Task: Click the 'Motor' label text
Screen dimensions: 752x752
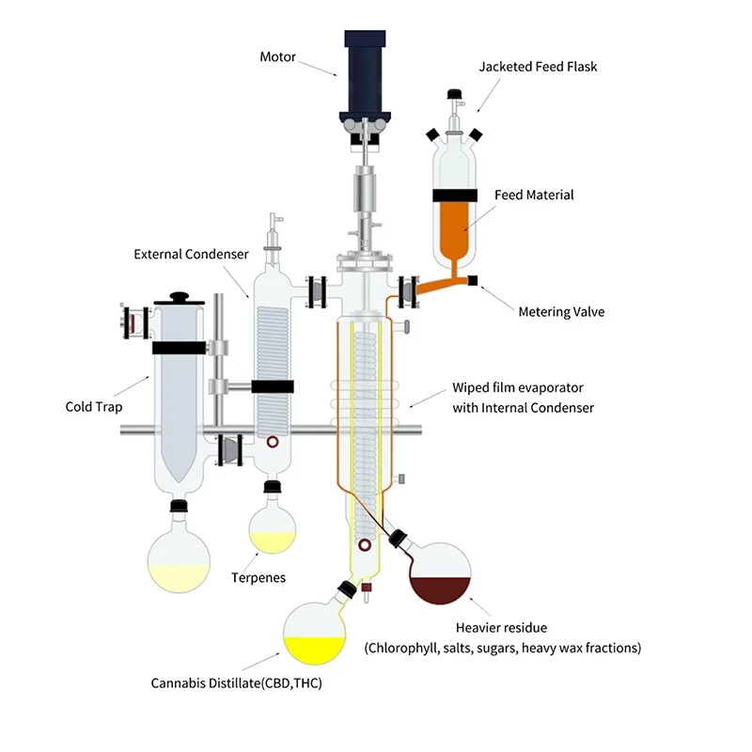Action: pyautogui.click(x=277, y=57)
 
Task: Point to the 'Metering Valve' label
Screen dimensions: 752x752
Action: pyautogui.click(x=561, y=312)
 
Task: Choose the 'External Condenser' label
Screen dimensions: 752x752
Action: pyautogui.click(x=191, y=254)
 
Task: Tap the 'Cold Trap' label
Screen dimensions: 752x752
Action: pyautogui.click(x=92, y=407)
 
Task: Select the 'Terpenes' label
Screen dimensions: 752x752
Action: pyautogui.click(x=258, y=577)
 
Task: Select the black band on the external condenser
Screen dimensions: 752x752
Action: pyautogui.click(x=273, y=386)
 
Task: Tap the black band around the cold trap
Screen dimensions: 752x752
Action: pyautogui.click(x=178, y=347)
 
